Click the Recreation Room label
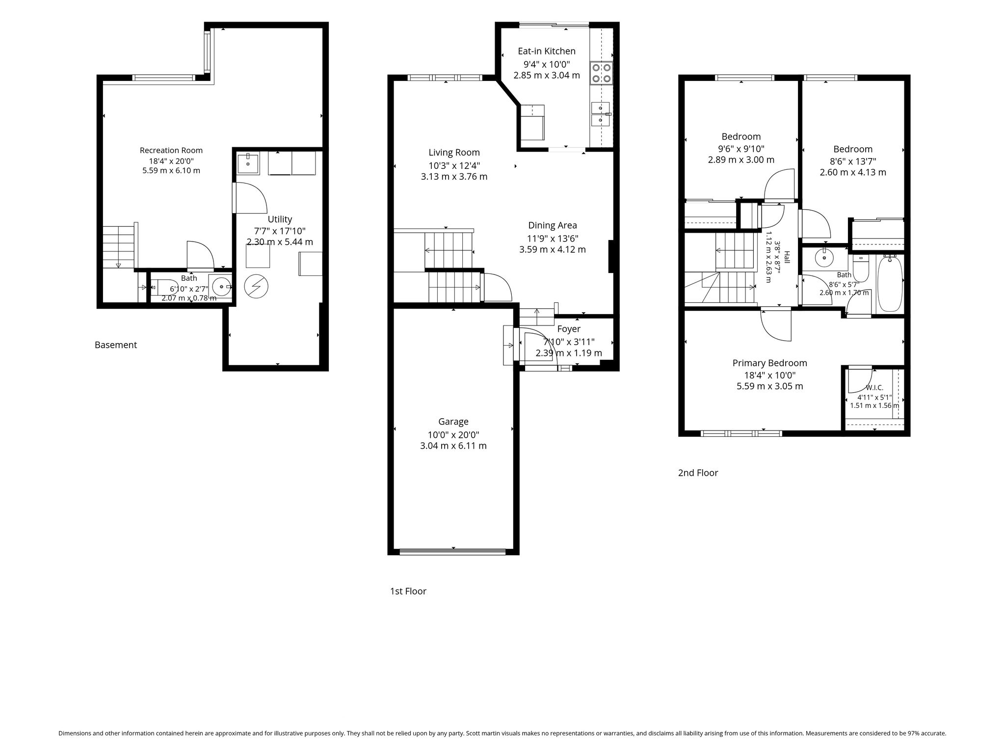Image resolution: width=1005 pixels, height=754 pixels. (171, 151)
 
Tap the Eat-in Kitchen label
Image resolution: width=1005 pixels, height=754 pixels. (547, 51)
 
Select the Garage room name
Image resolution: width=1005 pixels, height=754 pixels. (453, 422)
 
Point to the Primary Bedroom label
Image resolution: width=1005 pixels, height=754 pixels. (769, 363)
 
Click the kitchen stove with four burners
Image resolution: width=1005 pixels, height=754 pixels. (602, 72)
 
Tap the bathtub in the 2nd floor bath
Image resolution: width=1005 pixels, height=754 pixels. (890, 283)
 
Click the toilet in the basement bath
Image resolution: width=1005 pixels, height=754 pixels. (164, 287)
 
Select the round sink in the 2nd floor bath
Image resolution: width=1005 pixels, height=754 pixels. (824, 257)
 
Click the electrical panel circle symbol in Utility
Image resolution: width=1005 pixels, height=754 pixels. (256, 286)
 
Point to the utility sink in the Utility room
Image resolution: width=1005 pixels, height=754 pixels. (248, 163)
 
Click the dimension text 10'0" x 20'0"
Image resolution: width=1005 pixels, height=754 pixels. (453, 435)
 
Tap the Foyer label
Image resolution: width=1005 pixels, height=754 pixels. (569, 329)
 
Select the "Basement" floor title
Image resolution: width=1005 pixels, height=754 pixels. (116, 345)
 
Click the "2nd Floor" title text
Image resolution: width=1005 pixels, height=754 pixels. (698, 473)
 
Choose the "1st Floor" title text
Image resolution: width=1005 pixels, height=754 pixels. (408, 592)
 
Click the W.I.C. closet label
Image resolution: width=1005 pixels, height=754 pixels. (874, 388)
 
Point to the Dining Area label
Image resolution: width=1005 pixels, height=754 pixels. (553, 226)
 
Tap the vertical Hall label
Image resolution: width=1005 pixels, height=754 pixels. (787, 258)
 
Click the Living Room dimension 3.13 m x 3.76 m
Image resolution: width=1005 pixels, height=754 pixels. (454, 177)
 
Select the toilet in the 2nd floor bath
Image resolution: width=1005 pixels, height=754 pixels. (861, 268)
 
